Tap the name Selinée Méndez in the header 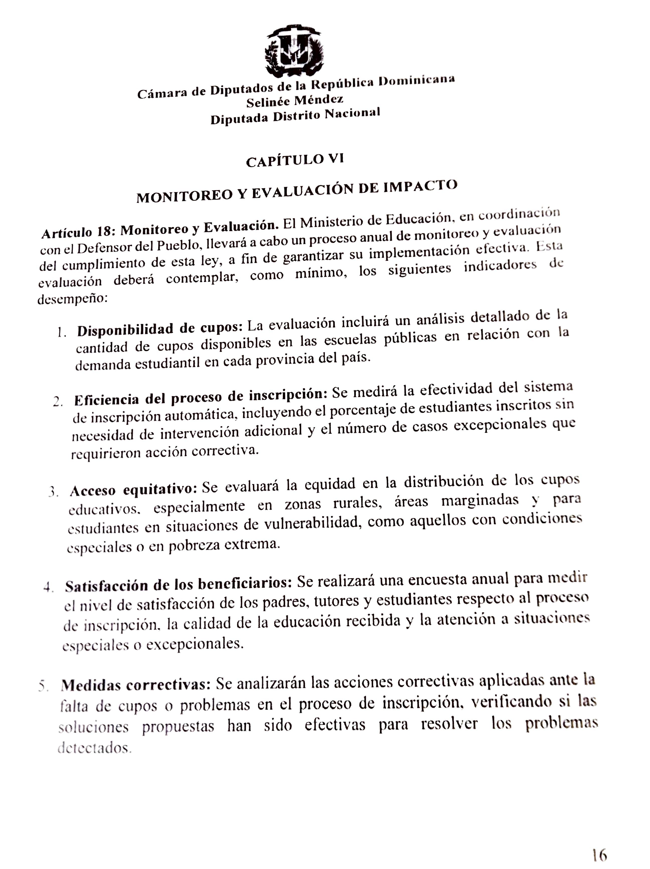pos(295,101)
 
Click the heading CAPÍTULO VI pos(295,160)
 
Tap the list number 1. pos(61,332)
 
